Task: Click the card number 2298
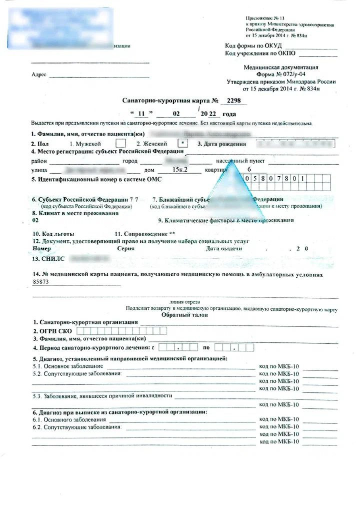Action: click(234, 101)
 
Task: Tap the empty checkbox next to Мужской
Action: click(120, 144)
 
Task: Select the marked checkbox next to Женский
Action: click(183, 144)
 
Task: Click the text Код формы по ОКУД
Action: click(253, 47)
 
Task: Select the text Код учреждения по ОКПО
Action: click(260, 54)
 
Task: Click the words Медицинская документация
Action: click(280, 67)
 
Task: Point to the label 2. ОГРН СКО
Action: click(52, 331)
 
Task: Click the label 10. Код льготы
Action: click(53, 234)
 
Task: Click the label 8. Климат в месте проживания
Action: click(75, 213)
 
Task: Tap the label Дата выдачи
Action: click(224, 248)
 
